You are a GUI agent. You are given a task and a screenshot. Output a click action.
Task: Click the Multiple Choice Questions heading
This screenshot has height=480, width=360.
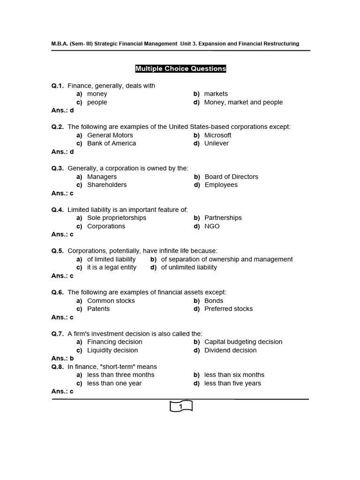pos(180,69)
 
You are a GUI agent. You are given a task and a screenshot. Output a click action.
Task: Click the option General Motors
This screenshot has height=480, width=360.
pos(110,135)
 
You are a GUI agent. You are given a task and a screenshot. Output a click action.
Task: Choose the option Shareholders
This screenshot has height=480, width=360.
pos(107,185)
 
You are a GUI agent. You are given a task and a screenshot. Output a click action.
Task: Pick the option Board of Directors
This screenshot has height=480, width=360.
pos(231,177)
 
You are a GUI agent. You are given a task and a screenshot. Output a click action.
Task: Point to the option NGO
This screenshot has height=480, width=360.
pos(212,226)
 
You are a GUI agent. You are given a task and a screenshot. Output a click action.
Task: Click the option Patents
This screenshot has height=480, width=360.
pos(98,309)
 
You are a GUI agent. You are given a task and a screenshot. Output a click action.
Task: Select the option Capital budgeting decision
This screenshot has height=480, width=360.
pos(243,342)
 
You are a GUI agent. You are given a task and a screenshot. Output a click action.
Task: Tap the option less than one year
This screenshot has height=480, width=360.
pos(114,383)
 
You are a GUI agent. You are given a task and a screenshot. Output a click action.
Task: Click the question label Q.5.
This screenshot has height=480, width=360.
pos(58,251)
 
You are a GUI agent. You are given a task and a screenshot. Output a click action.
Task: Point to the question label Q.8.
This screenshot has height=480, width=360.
pos(58,367)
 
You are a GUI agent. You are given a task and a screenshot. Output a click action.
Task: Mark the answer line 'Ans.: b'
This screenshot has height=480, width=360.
pos(62,359)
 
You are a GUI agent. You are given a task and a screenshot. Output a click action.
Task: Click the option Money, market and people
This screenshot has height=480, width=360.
pos(243,102)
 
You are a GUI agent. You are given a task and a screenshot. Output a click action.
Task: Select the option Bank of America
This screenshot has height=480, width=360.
pos(112,143)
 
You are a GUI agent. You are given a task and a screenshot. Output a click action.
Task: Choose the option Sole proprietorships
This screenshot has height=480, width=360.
pos(117,218)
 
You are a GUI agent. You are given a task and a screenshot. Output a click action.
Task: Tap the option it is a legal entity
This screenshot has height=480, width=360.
pos(112,267)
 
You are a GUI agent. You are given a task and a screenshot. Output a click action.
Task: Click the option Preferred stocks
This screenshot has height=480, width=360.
pos(228,309)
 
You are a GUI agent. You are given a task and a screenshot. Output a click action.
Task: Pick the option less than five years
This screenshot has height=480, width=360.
pos(232,383)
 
